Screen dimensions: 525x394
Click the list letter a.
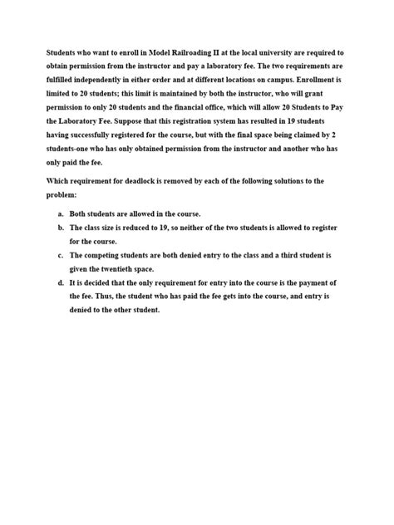pos(62,213)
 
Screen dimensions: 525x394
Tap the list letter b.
pos(62,227)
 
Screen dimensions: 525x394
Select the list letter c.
pos(62,256)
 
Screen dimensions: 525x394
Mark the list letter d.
pos(62,285)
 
